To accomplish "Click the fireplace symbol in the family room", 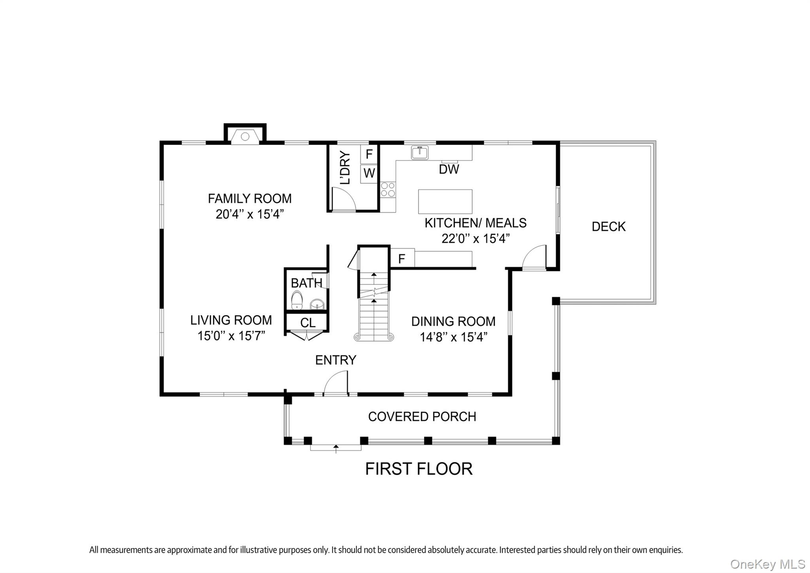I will tap(245, 136).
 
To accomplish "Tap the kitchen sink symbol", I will tap(420, 153).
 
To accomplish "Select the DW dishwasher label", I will tap(449, 170).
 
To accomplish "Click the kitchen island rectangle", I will tap(445, 201).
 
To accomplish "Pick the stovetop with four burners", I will tap(388, 189).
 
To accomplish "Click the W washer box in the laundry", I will tap(369, 173).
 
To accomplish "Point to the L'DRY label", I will tap(345, 168).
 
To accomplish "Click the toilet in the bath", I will tap(297, 300).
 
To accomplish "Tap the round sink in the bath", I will tap(317, 305).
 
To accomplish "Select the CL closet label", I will tap(308, 323).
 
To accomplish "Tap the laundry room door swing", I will tap(343, 200).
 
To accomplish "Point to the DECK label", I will tap(608, 226).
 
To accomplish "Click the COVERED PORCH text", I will tap(422, 417).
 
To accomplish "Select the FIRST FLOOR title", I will tap(418, 469).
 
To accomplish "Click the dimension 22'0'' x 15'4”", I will tap(475, 239).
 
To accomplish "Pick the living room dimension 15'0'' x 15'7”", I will tap(231, 336).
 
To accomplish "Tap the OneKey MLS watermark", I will tap(767, 564).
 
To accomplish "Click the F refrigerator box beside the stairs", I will tap(402, 259).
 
